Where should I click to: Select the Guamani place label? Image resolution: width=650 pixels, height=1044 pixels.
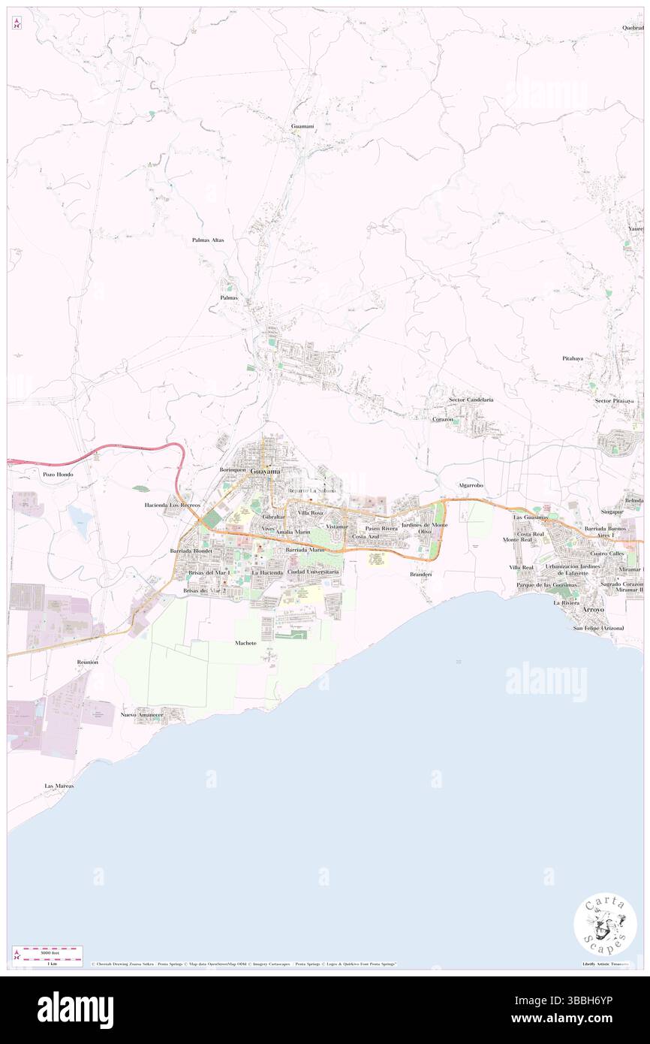click(x=302, y=126)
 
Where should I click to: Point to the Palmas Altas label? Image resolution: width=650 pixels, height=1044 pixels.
click(x=208, y=240)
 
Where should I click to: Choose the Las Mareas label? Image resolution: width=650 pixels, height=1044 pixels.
click(x=59, y=786)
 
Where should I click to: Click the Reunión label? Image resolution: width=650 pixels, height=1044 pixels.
click(x=87, y=662)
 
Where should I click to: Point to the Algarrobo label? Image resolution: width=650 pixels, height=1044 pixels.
click(x=471, y=485)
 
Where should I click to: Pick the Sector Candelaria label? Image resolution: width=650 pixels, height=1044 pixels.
click(x=471, y=400)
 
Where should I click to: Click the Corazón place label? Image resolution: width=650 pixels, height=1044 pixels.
click(x=442, y=419)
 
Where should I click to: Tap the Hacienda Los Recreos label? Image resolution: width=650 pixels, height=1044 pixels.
click(x=173, y=505)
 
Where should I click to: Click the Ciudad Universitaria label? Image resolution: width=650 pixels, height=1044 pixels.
click(x=313, y=572)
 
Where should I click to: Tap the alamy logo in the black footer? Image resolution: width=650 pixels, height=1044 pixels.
click(x=75, y=1009)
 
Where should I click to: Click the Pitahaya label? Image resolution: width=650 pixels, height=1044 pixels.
click(x=572, y=358)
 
